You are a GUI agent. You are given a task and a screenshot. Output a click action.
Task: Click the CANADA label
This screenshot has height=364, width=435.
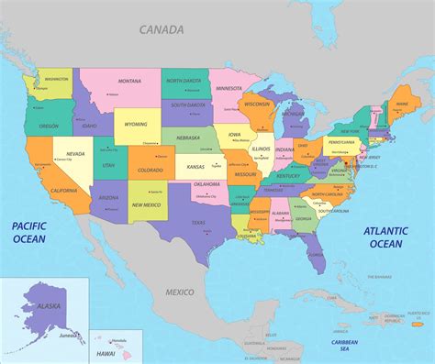[162, 29]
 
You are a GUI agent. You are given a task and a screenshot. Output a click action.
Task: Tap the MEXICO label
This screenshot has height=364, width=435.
[180, 292]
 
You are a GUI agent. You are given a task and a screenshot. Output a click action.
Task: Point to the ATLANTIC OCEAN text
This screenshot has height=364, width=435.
[385, 237]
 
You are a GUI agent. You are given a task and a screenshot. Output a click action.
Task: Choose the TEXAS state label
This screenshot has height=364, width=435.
[198, 223]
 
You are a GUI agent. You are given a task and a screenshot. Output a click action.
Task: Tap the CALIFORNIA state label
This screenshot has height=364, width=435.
[63, 190]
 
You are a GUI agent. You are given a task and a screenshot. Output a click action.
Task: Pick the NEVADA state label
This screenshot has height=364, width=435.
[75, 153]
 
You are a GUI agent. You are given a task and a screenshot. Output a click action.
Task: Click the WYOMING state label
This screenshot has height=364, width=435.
[136, 123]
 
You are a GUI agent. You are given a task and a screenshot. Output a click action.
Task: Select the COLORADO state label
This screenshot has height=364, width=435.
[151, 170]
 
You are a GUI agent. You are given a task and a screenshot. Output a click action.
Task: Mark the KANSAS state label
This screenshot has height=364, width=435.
[195, 168]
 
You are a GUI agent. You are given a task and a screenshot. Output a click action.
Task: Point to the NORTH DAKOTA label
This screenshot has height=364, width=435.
[184, 81]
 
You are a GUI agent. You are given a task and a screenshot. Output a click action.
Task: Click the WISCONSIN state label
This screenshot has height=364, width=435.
[259, 104]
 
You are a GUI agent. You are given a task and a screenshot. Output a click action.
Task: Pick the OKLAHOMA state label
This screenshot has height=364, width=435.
[206, 184]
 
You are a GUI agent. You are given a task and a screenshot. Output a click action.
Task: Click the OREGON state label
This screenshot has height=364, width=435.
[50, 127]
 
